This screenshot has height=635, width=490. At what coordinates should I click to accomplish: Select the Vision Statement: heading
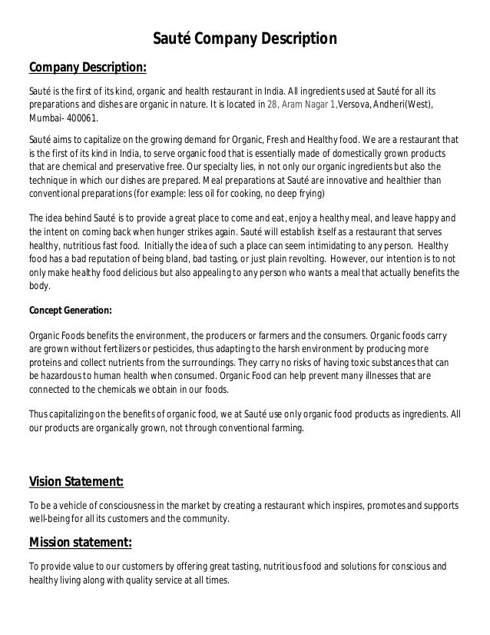pyautogui.click(x=76, y=482)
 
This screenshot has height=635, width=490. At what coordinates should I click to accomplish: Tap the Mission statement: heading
pyautogui.click(x=80, y=544)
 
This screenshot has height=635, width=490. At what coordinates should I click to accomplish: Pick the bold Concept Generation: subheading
pyautogui.click(x=70, y=311)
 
